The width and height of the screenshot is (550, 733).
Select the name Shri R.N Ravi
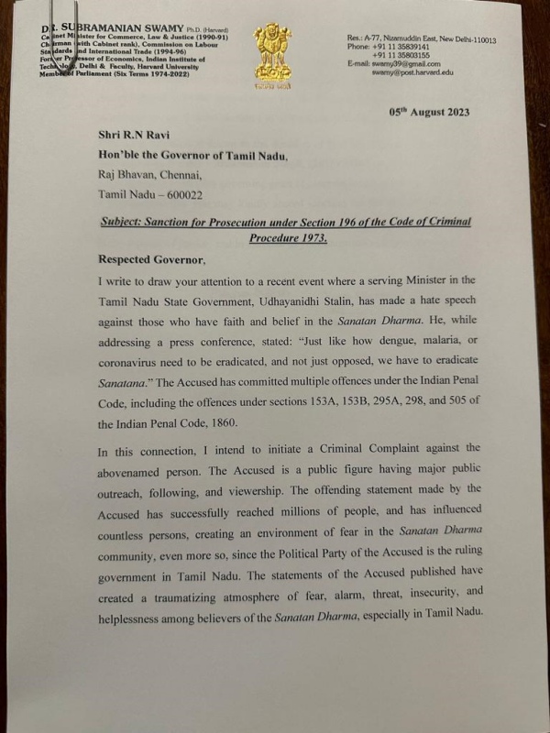click(x=136, y=136)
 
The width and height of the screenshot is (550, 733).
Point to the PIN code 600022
click(x=178, y=193)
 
